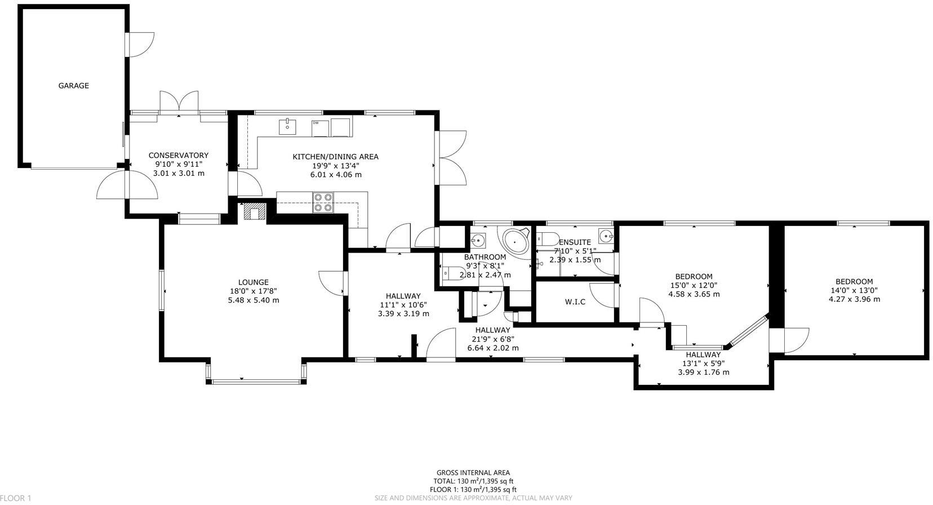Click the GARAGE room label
pyautogui.click(x=73, y=86)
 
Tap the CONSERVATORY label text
pyautogui.click(x=178, y=156)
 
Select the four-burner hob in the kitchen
pyautogui.click(x=323, y=202)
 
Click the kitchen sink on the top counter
pyautogui.click(x=287, y=126)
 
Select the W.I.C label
pyautogui.click(x=575, y=302)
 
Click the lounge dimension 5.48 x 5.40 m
pyautogui.click(x=253, y=300)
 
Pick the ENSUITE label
pyautogui.click(x=575, y=242)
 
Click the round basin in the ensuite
pyautogui.click(x=606, y=236)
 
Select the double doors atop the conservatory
pyautogui.click(x=179, y=103)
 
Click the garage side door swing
pyautogui.click(x=141, y=44)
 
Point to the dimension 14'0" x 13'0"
pyautogui.click(x=854, y=291)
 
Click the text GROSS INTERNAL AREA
pyautogui.click(x=473, y=473)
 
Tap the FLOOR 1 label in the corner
pyautogui.click(x=16, y=498)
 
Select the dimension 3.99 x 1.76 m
pyautogui.click(x=703, y=372)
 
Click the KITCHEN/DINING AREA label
pyautogui.click(x=335, y=157)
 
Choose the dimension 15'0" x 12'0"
pyautogui.click(x=694, y=285)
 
